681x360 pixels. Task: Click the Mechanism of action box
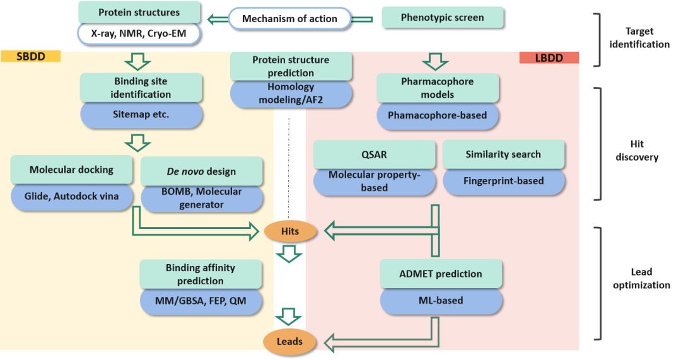290,18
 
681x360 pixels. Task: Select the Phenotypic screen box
443,18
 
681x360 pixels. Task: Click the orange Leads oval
289,342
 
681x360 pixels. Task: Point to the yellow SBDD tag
30,56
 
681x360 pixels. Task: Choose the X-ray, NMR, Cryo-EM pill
139,33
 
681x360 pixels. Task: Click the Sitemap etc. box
141,115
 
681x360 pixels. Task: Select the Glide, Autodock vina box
71,196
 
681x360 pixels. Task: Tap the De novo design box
201,171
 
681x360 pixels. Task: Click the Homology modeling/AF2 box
291,95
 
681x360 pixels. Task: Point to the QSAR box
375,154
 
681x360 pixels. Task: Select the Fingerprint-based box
503,181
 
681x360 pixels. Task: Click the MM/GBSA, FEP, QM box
201,301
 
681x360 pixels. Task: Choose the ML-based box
441,301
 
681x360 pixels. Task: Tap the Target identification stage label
638,37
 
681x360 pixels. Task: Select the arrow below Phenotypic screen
434,61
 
